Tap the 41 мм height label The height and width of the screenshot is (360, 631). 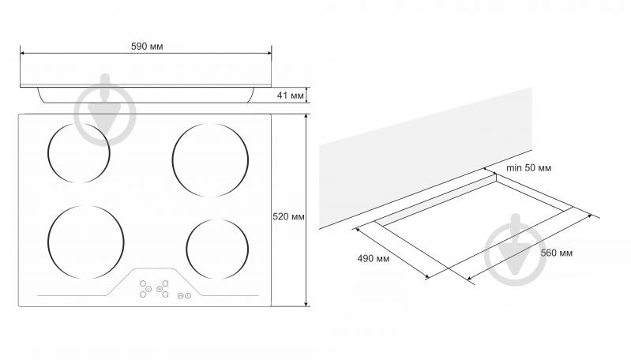pyautogui.click(x=291, y=96)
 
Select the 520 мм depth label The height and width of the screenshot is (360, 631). pyautogui.click(x=288, y=216)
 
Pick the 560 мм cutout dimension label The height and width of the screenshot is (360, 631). pyautogui.click(x=556, y=253)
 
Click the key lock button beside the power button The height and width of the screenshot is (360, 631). pyautogui.click(x=181, y=295)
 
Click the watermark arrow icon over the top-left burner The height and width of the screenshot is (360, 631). pyautogui.click(x=106, y=111)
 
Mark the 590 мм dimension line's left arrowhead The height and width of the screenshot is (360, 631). pyautogui.click(x=22, y=53)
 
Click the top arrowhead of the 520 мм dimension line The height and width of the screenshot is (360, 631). pyautogui.click(x=306, y=117)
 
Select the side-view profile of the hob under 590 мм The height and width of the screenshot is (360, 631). pyautogui.click(x=146, y=92)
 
